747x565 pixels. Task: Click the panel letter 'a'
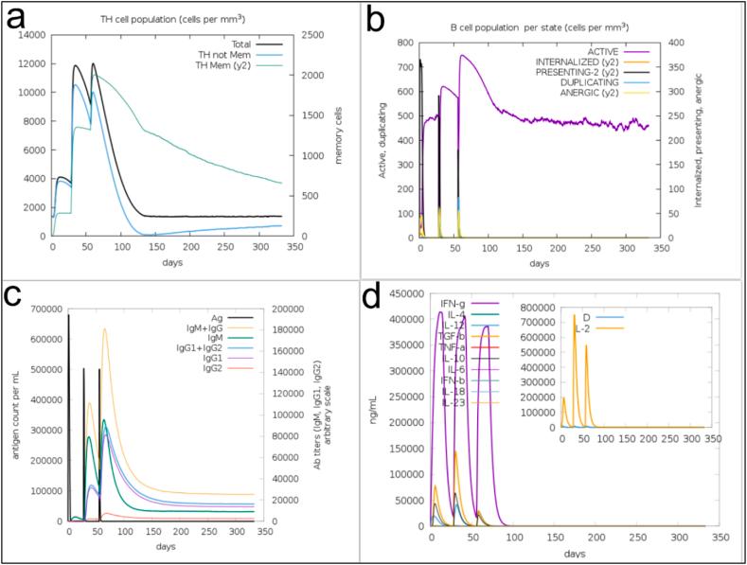[x=21, y=19]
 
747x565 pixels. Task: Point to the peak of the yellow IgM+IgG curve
[x=104, y=329]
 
